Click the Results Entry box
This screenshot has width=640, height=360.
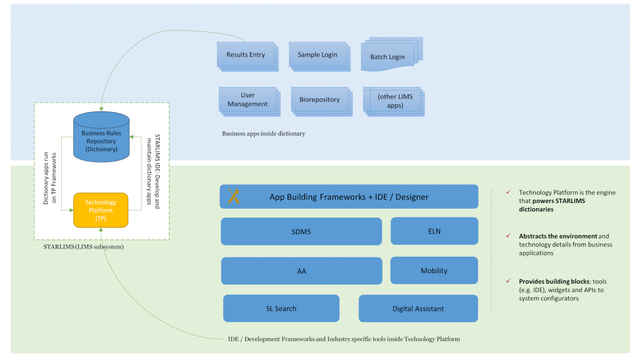pyautogui.click(x=245, y=55)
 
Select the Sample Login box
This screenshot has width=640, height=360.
pyautogui.click(x=318, y=55)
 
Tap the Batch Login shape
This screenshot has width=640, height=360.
pyautogui.click(x=387, y=57)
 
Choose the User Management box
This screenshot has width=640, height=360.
pyautogui.click(x=247, y=100)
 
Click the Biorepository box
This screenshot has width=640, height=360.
pyautogui.click(x=319, y=100)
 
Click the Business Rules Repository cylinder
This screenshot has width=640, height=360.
pyautogui.click(x=101, y=141)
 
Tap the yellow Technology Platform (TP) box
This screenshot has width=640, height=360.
pyautogui.click(x=101, y=210)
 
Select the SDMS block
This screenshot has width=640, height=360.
pyautogui.click(x=301, y=231)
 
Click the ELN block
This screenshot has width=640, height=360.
pyautogui.click(x=434, y=231)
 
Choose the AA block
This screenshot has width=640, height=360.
pyautogui.click(x=301, y=271)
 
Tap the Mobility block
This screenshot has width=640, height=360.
pyautogui.click(x=434, y=271)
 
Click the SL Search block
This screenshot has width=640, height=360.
pyautogui.click(x=281, y=308)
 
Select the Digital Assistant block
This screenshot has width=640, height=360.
pyautogui.click(x=418, y=308)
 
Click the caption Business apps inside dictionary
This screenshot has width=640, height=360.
pyautogui.click(x=263, y=133)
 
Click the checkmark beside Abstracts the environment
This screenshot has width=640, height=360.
pyautogui.click(x=508, y=236)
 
